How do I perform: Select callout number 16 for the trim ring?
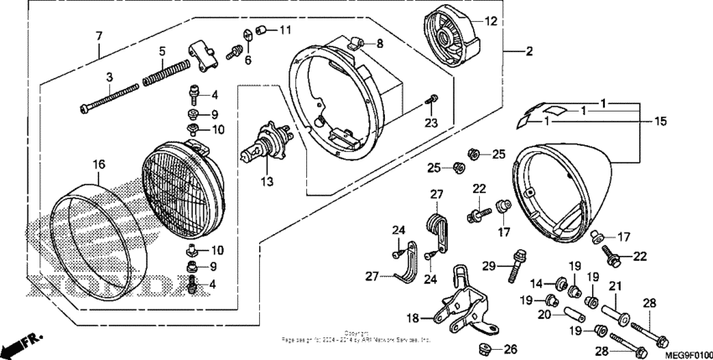point(98,164)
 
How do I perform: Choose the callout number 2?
point(528,52)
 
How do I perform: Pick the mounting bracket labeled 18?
point(379,43)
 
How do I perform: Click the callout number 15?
point(661,122)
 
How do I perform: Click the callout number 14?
point(536,284)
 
